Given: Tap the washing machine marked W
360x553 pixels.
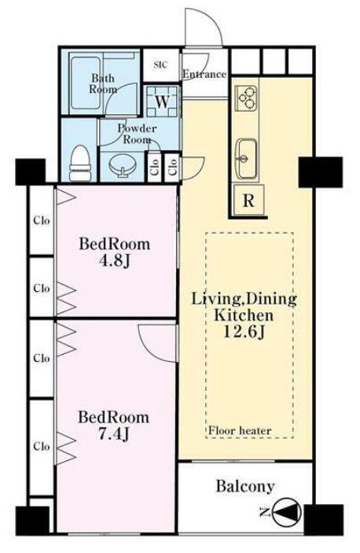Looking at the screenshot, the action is (163, 101).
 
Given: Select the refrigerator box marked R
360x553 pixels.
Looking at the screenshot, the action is (248, 201).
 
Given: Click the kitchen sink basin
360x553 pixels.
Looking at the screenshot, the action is (246, 159).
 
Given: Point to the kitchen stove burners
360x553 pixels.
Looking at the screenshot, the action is (248, 96).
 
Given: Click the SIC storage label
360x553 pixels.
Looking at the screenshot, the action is (160, 65).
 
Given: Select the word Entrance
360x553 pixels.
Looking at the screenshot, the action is (204, 75).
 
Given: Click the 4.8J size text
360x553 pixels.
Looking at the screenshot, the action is (116, 261).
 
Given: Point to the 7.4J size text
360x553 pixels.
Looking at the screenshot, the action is (113, 434).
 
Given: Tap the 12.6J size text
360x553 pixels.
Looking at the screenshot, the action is (244, 331).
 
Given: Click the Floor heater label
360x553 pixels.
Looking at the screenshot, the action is (240, 430).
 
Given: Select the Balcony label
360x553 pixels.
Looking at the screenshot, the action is (245, 486).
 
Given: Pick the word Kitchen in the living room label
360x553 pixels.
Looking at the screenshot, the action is (244, 315).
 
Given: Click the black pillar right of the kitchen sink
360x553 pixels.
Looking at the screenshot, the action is (321, 172).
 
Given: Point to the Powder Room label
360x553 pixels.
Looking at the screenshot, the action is (137, 134).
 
